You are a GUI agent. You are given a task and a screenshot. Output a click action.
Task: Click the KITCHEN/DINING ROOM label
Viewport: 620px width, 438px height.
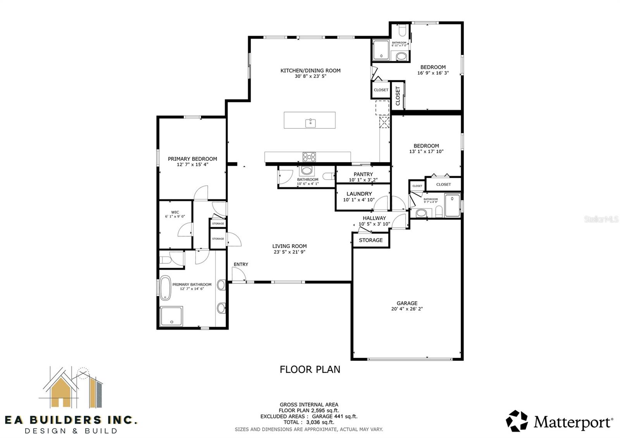(x=310, y=71)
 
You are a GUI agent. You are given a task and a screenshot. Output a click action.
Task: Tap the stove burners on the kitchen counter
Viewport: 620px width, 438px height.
(x=309, y=157)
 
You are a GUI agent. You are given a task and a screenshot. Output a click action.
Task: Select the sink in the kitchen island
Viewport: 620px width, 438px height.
(x=310, y=123)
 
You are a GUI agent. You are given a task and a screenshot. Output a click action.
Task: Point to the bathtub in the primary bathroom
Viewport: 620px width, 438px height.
(x=165, y=288)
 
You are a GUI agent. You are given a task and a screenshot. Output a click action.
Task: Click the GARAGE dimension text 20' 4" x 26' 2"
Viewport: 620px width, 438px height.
(x=406, y=309)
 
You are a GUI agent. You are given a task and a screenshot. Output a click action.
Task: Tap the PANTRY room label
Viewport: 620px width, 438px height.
(x=363, y=174)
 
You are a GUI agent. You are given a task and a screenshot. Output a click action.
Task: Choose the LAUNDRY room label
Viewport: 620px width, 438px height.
(x=359, y=194)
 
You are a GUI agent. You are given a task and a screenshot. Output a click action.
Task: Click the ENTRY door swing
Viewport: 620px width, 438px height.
(x=238, y=274)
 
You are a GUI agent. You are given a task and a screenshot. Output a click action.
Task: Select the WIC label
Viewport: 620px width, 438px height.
(x=175, y=212)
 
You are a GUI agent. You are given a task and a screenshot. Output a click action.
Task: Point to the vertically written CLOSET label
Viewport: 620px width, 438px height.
(x=398, y=95)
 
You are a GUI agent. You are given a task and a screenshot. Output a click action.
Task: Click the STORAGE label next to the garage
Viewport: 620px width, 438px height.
(x=370, y=240)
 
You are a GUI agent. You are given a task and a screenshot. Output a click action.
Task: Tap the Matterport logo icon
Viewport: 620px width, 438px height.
(x=517, y=421)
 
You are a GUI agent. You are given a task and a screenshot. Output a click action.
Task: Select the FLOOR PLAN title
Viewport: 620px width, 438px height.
(x=310, y=369)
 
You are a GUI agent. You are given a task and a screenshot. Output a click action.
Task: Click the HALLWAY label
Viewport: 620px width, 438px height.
(x=374, y=218)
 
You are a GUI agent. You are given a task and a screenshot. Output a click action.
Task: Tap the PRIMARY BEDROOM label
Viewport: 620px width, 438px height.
(x=192, y=159)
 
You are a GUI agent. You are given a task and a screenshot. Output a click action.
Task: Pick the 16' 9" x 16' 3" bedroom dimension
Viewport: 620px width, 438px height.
(x=433, y=73)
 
